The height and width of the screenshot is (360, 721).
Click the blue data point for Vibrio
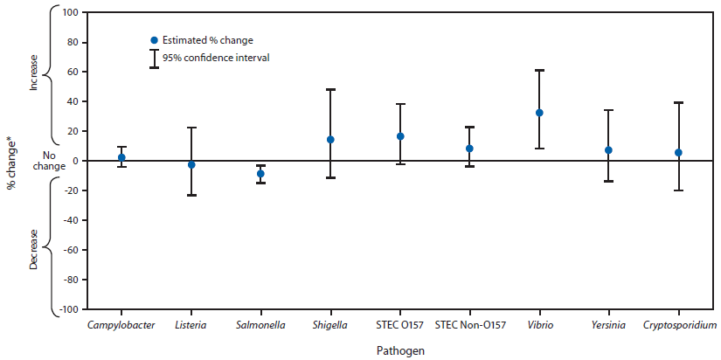click(x=539, y=113)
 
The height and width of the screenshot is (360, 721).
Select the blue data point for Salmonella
click(x=260, y=174)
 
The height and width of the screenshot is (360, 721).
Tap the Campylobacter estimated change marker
click(x=121, y=157)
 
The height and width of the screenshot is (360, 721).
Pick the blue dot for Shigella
click(x=330, y=140)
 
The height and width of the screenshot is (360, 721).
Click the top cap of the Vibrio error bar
click(x=539, y=70)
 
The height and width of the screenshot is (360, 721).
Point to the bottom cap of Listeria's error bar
click(x=191, y=195)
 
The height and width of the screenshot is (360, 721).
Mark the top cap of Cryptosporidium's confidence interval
click(x=678, y=103)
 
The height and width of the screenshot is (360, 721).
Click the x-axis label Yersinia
click(x=608, y=325)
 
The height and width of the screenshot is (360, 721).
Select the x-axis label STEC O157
click(x=399, y=325)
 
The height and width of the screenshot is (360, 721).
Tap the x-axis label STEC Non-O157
click(x=469, y=325)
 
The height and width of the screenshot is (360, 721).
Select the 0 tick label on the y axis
click(x=75, y=161)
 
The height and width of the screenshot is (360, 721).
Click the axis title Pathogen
click(x=400, y=350)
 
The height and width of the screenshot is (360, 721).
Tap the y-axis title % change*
click(x=11, y=161)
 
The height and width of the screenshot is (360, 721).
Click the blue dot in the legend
click(x=154, y=40)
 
